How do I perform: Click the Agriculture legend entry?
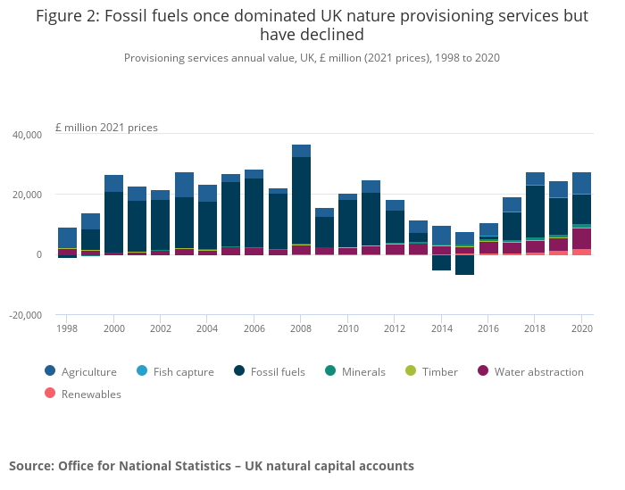[x=88, y=372]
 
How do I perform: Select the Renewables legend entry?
[x=90, y=394]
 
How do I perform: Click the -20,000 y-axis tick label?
[x=26, y=315]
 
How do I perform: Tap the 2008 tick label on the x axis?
[x=301, y=329]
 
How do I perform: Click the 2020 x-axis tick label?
[x=581, y=329]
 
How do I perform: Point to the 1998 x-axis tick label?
[x=67, y=329]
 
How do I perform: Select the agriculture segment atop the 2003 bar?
[x=184, y=185]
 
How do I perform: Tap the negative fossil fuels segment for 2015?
[x=464, y=265]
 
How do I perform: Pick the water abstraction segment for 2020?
[x=581, y=238]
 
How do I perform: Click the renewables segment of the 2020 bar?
[x=581, y=252]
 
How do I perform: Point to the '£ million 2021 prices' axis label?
[x=106, y=128]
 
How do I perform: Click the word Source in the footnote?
[x=30, y=466]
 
